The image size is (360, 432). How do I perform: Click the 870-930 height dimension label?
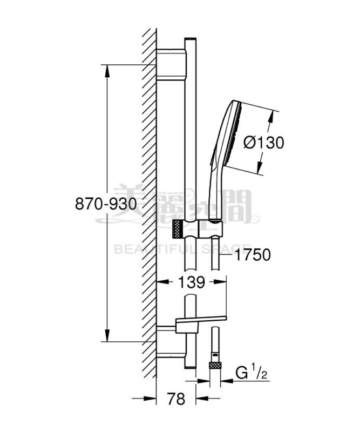coord(106,204)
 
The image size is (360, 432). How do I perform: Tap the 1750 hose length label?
coord(253,254)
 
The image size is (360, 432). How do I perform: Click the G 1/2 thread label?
coord(252,373)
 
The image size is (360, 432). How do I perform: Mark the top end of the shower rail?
coord(190,40)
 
